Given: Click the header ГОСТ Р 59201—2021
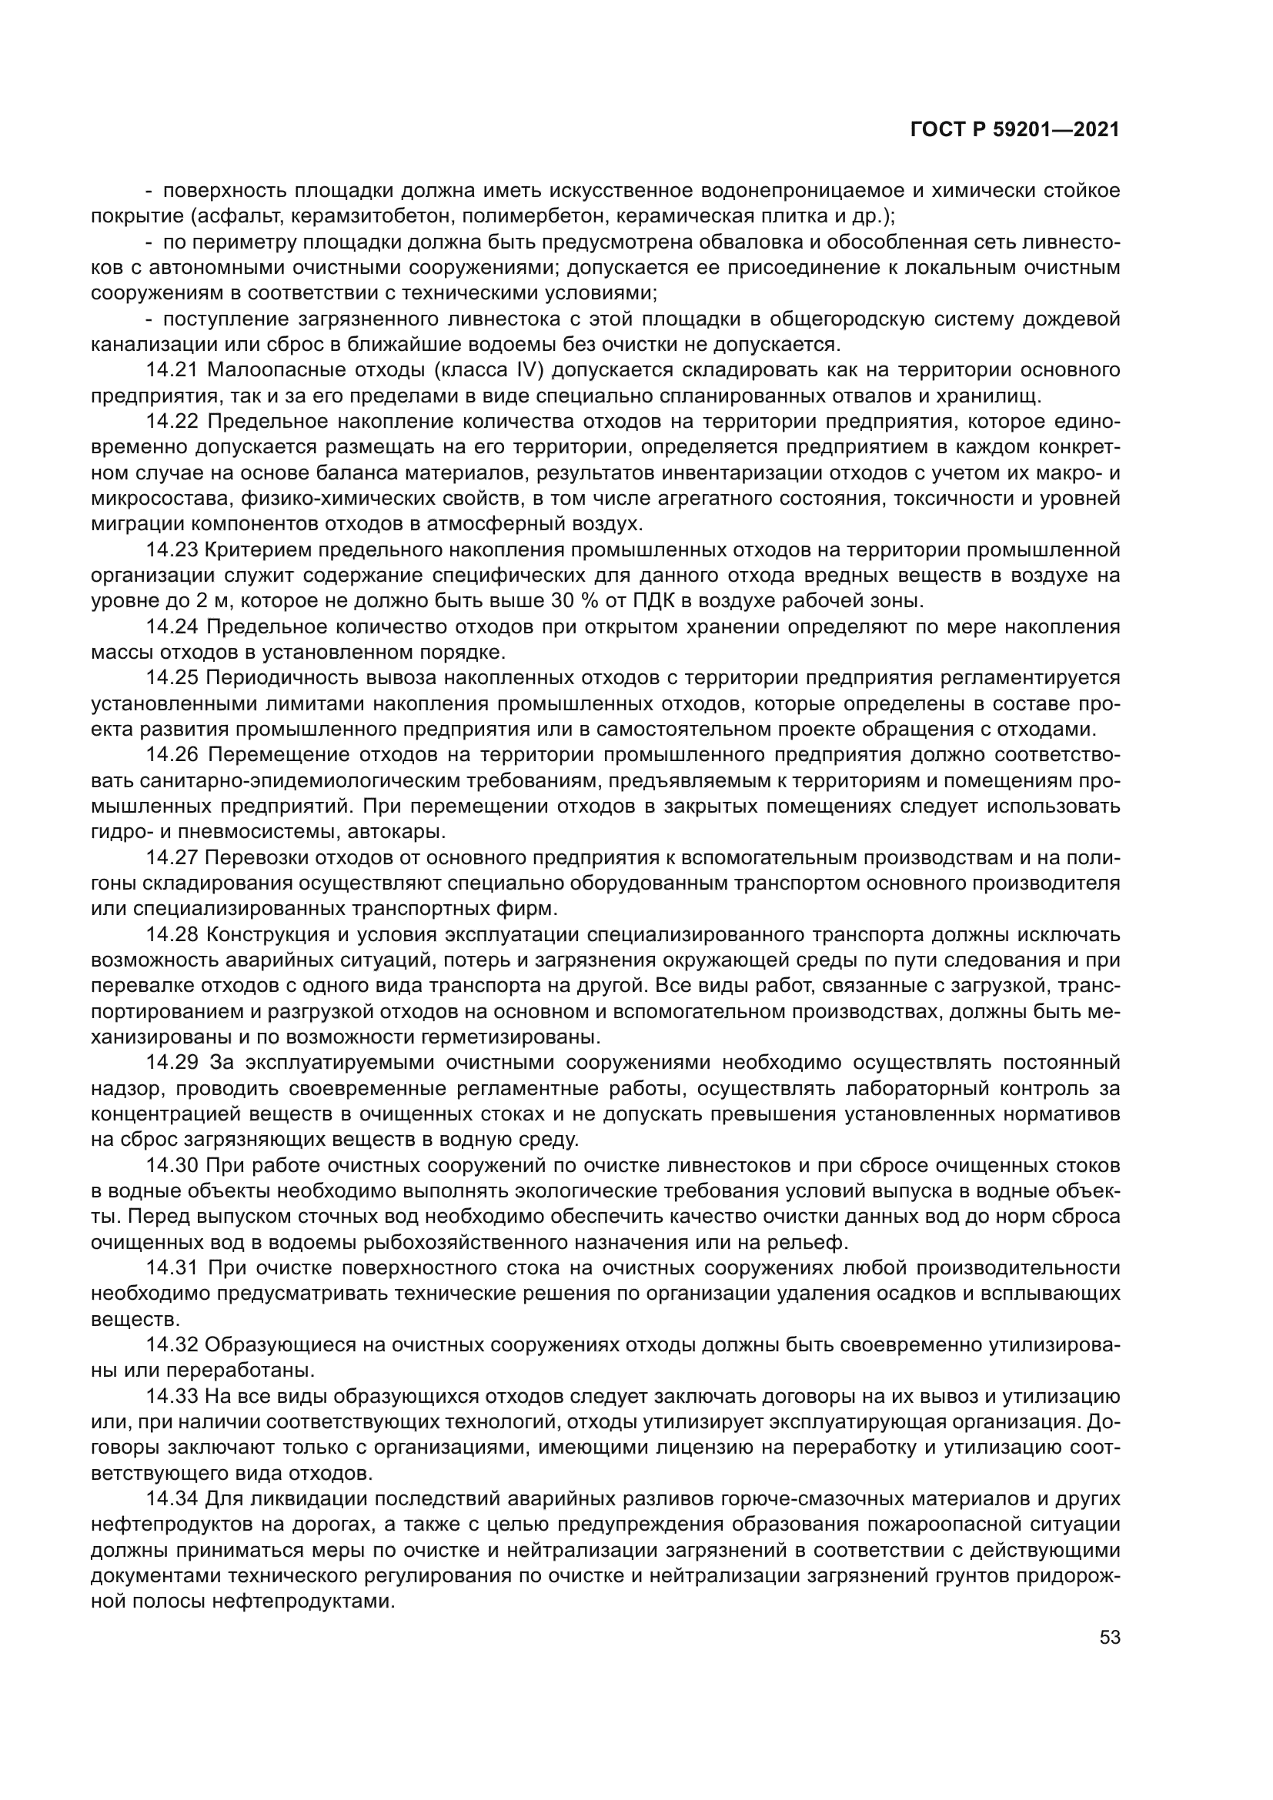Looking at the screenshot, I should (1014, 130).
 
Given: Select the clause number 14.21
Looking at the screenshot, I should (172, 370).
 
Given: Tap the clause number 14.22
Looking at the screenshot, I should (172, 422).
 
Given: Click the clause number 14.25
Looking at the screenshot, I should (172, 678).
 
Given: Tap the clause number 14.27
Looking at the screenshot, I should (172, 857).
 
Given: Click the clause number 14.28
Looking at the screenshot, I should (172, 934).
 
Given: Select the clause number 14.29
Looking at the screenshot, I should (172, 1063).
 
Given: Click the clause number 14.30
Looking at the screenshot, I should (172, 1166).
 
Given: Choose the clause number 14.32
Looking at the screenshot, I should (172, 1345).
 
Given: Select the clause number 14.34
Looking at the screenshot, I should (172, 1499).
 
